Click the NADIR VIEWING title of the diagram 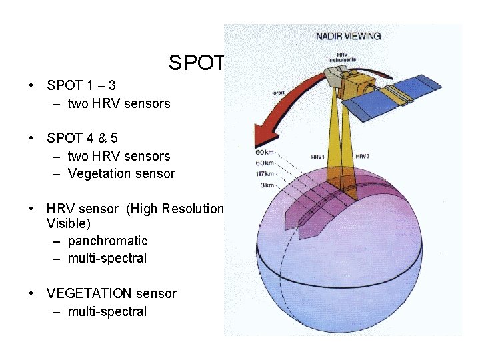click(348, 36)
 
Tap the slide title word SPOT click(197, 63)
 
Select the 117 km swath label click(265, 174)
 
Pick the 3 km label click(267, 185)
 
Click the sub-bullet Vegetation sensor click(121, 174)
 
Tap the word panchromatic click(107, 241)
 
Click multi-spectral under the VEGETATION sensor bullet click(107, 311)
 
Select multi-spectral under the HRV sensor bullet click(107, 258)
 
